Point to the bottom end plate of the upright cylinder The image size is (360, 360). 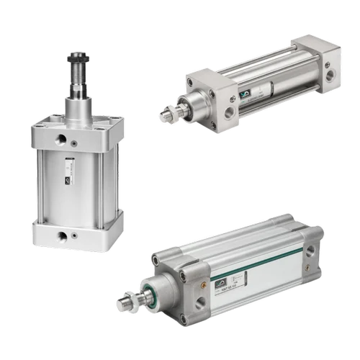tap(78, 230)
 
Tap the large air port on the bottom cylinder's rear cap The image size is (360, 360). tap(310, 251)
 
